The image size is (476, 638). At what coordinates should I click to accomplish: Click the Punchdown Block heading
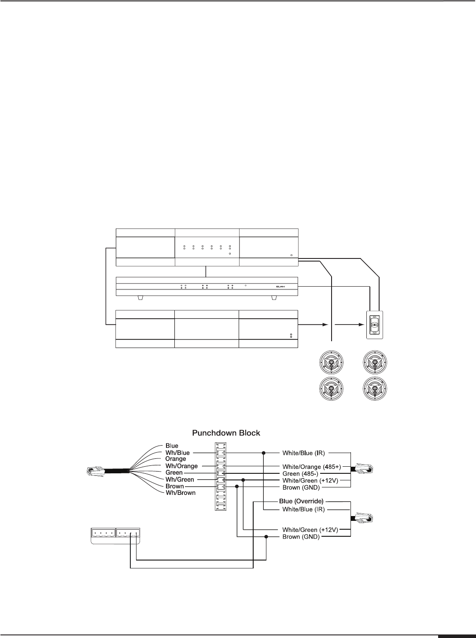(226, 433)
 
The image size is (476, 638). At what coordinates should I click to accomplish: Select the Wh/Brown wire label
(181, 493)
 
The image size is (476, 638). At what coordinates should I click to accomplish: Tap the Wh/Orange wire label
(181, 466)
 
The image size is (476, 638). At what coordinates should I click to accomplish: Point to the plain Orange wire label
(176, 459)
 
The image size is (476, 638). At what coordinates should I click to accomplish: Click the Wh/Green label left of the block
(180, 479)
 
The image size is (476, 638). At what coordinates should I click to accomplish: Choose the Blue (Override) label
(302, 501)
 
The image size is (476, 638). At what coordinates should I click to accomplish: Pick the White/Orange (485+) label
(312, 466)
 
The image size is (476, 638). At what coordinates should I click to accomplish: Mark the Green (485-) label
(302, 473)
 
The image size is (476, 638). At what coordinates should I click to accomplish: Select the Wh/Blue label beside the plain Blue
(178, 452)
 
